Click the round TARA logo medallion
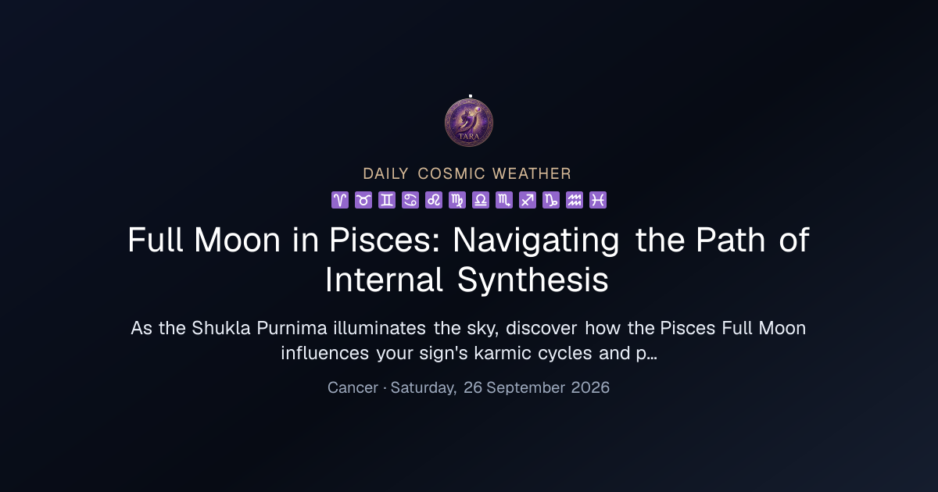point(469,123)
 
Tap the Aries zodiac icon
point(340,200)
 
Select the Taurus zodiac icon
point(363,200)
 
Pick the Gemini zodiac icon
point(387,200)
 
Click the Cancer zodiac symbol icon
point(410,200)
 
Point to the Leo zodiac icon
point(434,200)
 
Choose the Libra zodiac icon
point(481,200)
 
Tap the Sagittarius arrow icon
point(528,200)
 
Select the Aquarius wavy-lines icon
point(575,200)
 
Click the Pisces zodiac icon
point(598,200)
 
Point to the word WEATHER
point(532,173)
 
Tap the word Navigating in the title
point(536,241)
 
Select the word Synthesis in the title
point(532,280)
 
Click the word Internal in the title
point(384,280)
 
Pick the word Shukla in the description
point(221,328)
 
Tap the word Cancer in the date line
point(353,387)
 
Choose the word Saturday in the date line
point(424,388)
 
